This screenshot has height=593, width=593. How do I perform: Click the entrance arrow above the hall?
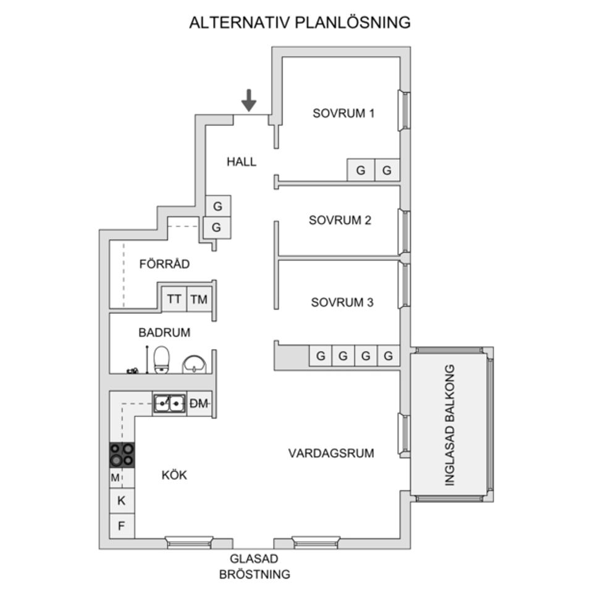[248, 100]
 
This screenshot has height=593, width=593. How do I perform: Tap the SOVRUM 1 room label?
[343, 113]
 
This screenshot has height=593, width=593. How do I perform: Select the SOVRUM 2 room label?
[340, 221]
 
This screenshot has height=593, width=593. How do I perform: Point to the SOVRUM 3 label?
[342, 303]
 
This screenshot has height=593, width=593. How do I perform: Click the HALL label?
[241, 162]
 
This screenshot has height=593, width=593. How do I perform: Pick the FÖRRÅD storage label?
[164, 264]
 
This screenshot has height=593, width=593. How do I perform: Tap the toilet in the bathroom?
[162, 360]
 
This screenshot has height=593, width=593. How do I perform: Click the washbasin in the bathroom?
[195, 364]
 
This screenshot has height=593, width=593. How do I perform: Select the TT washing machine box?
[174, 300]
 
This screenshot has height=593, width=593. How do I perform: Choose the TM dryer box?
[199, 300]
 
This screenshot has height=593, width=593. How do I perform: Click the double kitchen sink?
[169, 403]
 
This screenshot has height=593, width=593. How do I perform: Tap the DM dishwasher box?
[199, 404]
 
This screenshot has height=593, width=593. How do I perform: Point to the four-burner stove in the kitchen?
[122, 455]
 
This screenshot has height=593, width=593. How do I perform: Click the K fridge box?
[122, 501]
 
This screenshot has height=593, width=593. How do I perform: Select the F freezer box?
[122, 526]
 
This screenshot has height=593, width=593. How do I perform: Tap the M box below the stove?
[116, 477]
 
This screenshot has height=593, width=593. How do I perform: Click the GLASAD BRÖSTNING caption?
[254, 566]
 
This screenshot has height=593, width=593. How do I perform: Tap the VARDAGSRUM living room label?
[331, 453]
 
